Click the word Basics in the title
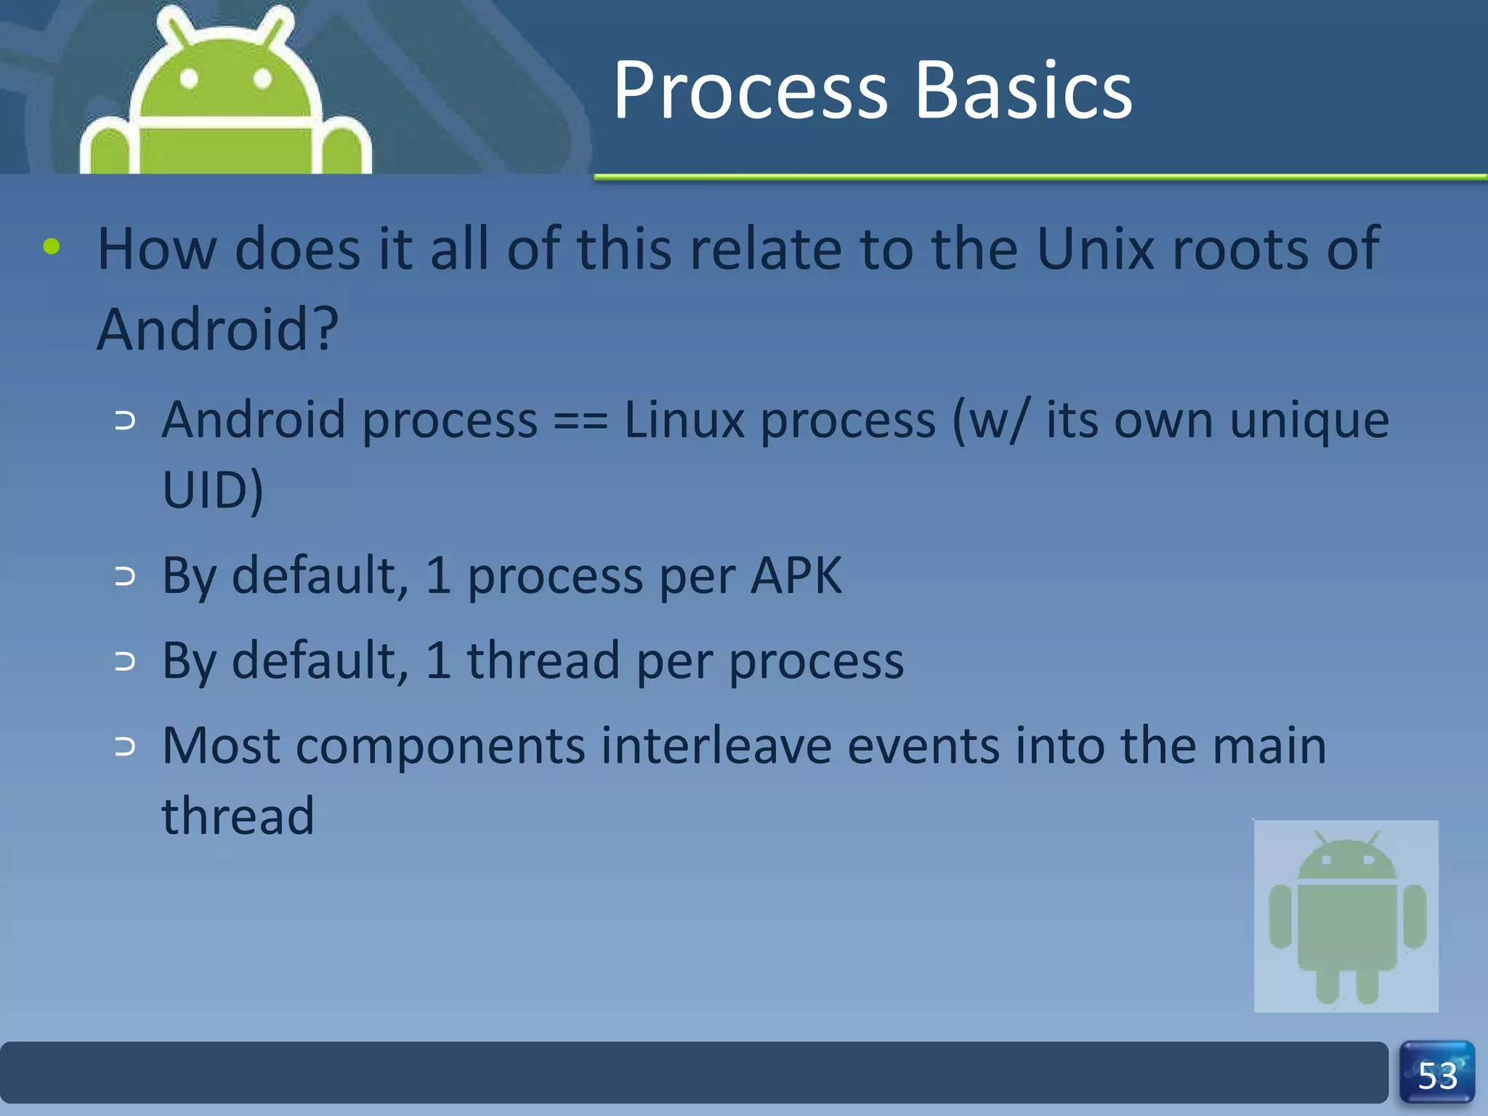click(x=1024, y=91)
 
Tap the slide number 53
click(x=1437, y=1075)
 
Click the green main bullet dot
click(x=52, y=246)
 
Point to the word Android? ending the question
click(x=217, y=329)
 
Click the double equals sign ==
click(x=580, y=421)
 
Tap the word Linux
click(x=684, y=421)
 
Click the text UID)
click(x=212, y=490)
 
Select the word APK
click(x=796, y=576)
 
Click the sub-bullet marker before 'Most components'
click(x=125, y=746)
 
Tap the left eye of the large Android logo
click(x=189, y=78)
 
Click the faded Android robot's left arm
click(x=1280, y=915)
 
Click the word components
click(x=440, y=746)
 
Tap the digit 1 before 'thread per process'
click(x=438, y=660)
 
